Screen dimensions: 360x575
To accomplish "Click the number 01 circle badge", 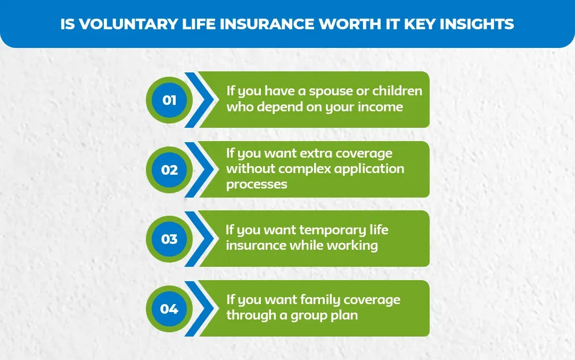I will (169, 100).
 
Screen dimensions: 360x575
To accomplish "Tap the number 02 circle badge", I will (169, 169).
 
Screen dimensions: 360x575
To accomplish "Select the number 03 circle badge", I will (169, 239).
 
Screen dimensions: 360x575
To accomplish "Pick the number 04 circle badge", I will (169, 308).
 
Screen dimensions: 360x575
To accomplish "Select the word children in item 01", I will (397, 91).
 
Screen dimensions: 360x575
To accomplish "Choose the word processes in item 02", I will (257, 185).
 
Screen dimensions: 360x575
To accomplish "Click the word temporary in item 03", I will (332, 230).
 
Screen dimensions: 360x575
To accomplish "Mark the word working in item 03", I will (352, 246).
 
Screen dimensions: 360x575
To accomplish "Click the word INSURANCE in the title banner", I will (243, 24).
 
